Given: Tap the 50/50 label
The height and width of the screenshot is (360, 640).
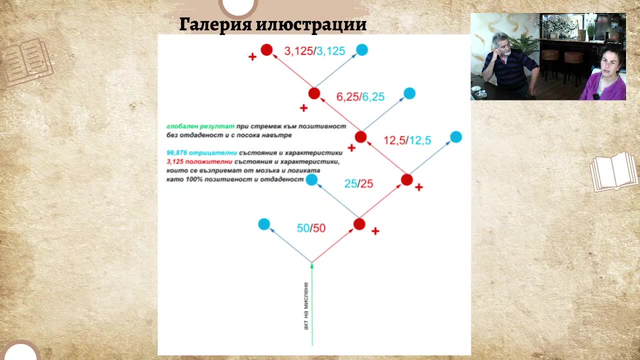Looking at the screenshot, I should [x=311, y=228].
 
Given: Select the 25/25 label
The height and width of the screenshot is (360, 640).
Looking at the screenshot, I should [x=358, y=184].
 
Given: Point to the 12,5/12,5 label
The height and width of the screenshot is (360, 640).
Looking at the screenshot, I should [x=407, y=140].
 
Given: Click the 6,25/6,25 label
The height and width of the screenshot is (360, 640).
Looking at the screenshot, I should [x=360, y=97].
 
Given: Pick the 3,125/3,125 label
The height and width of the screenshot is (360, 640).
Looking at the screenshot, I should [x=314, y=51].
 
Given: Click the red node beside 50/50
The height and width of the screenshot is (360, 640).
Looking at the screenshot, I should [x=359, y=224].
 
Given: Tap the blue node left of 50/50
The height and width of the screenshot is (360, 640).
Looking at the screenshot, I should [x=264, y=224].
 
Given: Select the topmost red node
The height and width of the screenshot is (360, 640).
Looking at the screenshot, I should [x=266, y=49].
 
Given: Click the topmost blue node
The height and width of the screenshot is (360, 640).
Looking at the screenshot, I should [x=362, y=49].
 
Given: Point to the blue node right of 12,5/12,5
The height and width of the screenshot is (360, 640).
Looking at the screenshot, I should [x=456, y=136].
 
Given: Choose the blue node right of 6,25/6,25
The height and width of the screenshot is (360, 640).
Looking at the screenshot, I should [x=409, y=93].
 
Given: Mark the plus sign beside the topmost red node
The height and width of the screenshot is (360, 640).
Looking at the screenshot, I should [x=252, y=57].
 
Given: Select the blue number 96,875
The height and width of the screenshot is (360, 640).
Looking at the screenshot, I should [x=176, y=152].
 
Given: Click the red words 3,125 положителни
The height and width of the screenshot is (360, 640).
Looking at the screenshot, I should [x=199, y=161].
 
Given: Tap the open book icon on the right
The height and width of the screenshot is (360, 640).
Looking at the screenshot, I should [x=614, y=171].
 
